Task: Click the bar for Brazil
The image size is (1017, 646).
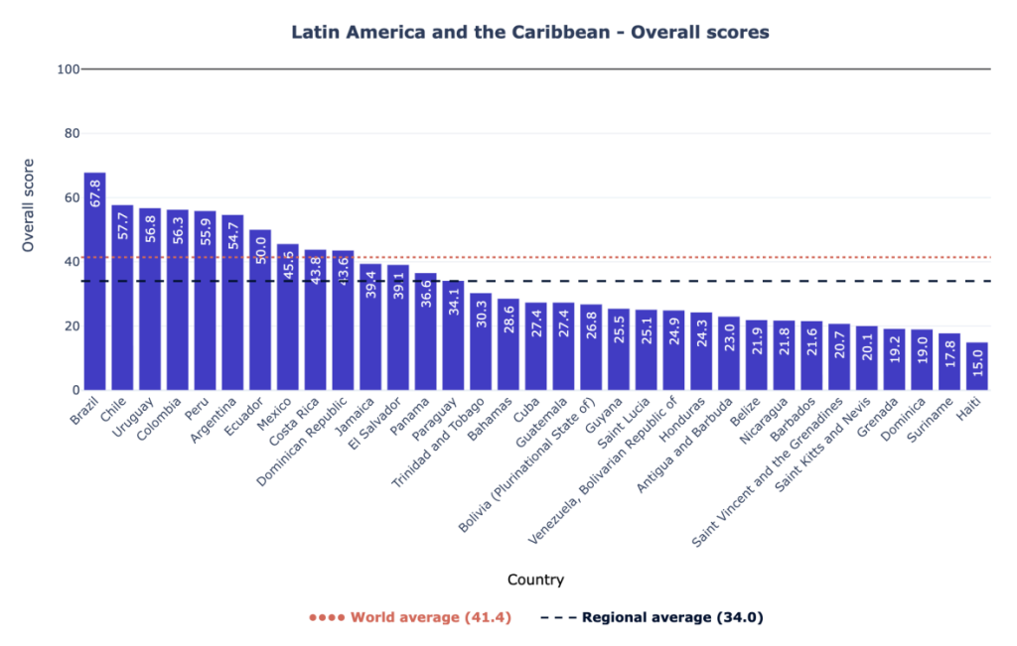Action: coord(94,298)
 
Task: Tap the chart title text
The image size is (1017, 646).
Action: coord(529,32)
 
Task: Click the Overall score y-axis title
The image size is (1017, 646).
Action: coord(29,205)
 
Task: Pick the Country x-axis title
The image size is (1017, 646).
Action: coord(535,580)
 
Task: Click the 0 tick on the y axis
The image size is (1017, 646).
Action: coord(73,390)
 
